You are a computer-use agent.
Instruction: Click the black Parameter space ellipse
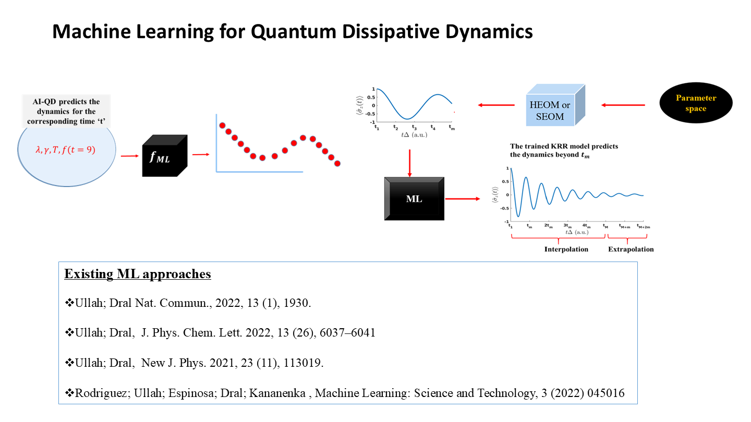[x=696, y=103]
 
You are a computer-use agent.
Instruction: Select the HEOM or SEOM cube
[x=555, y=105]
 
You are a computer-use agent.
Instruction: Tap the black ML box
[x=415, y=198]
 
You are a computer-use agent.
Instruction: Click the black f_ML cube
[x=165, y=156]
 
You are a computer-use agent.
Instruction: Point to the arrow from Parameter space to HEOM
[x=623, y=105]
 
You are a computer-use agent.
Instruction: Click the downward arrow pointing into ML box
[x=410, y=164]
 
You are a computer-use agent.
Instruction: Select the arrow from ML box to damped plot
[x=463, y=199]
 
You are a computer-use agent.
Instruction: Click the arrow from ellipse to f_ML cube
[x=130, y=156]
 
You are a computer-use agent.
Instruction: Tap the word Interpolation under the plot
[x=566, y=249]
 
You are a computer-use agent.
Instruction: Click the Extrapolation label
[x=631, y=249]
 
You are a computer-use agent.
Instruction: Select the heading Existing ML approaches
[x=138, y=274]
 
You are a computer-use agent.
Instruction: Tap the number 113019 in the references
[x=304, y=363]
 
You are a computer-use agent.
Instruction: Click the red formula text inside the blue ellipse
[x=65, y=150]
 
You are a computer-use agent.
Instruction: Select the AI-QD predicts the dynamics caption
[x=66, y=111]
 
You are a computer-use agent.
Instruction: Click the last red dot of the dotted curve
[x=337, y=164]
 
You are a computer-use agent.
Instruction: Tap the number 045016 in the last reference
[x=606, y=393]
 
